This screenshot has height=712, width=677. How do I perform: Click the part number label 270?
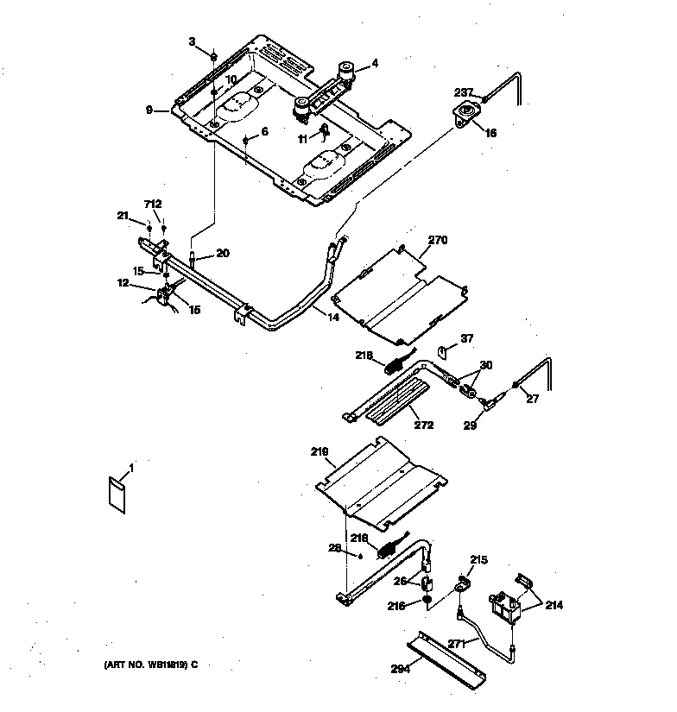(439, 242)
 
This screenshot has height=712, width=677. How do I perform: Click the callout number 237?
(465, 92)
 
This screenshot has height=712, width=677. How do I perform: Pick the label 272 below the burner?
(423, 425)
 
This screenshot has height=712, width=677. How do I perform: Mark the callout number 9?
(149, 110)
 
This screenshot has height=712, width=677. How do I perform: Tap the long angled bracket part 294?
(449, 657)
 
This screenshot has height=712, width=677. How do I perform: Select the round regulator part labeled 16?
(469, 114)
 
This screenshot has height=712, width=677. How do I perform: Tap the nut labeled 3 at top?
(212, 57)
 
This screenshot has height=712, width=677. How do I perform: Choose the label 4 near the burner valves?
(375, 63)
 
